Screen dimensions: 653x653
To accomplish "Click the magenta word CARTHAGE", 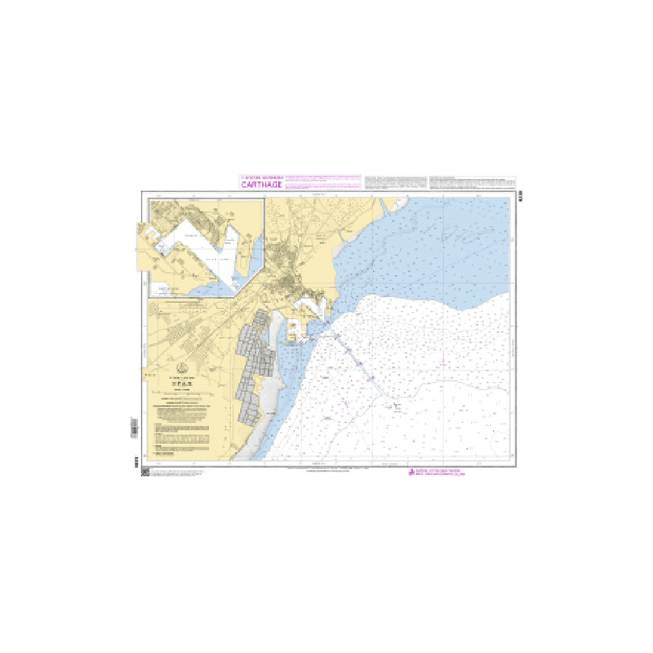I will click(x=260, y=184).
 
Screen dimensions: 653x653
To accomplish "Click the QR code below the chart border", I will click(x=145, y=473).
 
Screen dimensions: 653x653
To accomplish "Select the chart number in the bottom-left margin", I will click(x=134, y=462).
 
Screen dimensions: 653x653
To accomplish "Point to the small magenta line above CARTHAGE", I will click(x=260, y=176).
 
